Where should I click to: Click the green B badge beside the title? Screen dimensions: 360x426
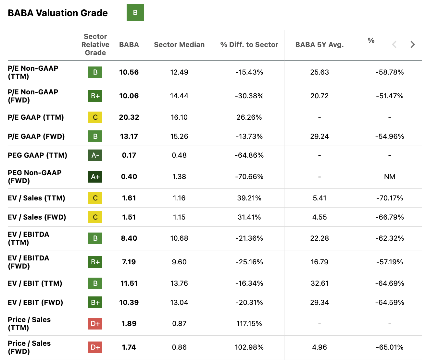135,13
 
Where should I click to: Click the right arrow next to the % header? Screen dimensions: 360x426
412,44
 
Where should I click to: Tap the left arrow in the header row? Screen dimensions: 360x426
394,44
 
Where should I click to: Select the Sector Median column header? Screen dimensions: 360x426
179,45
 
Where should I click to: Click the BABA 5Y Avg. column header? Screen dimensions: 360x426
319,45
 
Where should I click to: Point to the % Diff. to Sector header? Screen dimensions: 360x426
249,45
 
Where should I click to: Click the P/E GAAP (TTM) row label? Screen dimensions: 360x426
36,117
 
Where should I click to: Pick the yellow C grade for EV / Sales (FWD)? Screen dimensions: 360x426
95,217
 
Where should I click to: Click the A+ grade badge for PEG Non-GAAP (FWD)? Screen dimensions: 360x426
95,177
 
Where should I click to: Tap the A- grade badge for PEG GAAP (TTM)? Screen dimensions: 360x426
95,155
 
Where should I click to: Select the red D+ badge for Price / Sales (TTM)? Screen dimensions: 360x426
95,324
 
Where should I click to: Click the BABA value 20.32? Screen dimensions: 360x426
129,117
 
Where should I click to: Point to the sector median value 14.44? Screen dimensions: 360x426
179,96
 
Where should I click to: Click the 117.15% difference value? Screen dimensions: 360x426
249,324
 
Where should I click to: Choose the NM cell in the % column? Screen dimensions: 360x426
389,177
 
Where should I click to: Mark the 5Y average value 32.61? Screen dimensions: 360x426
319,283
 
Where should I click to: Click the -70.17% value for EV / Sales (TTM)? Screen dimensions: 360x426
389,198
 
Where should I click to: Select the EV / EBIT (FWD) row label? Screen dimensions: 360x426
35,303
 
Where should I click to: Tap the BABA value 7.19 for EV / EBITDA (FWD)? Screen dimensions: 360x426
129,262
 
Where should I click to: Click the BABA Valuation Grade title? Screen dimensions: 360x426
58,13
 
